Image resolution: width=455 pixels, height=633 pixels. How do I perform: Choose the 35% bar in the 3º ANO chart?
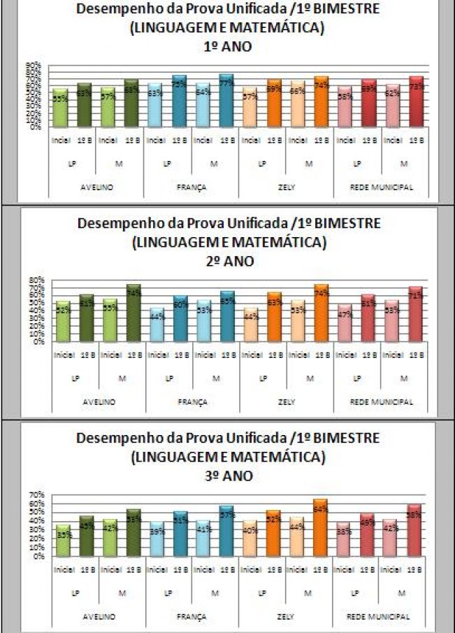coord(63,541)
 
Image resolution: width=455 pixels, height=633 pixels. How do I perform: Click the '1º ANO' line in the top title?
coord(227,47)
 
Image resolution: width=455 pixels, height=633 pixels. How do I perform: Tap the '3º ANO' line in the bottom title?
coord(227,476)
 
